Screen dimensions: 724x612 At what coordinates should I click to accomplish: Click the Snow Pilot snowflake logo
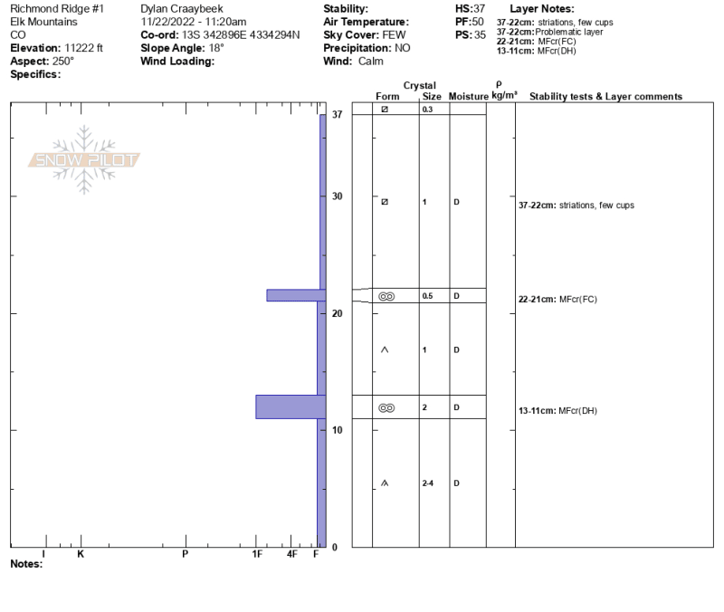pos(84,160)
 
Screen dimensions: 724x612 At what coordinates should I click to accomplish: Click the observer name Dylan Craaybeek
pos(182,9)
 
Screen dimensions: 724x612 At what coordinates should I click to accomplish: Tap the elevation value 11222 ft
pos(83,48)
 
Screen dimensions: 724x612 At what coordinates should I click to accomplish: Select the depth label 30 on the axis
pos(337,196)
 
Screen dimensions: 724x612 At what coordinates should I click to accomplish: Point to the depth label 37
pos(337,114)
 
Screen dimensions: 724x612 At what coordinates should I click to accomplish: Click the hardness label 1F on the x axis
pos(257,554)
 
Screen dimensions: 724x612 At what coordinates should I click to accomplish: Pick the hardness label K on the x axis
pos(81,554)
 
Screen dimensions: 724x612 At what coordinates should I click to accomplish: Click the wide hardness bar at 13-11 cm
pos(291,406)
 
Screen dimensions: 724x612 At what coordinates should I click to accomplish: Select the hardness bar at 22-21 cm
pos(296,295)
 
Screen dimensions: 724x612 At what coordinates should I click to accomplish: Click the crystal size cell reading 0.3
pos(427,110)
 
